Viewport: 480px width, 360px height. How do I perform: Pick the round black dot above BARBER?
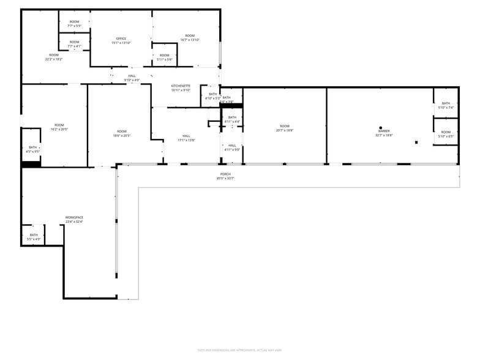pyautogui.click(x=381, y=128)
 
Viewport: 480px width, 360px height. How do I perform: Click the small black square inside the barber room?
pyautogui.click(x=416, y=142)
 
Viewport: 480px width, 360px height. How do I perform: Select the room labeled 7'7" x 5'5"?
pyautogui.click(x=74, y=24)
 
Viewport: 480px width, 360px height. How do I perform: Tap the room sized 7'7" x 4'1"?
pyautogui.click(x=74, y=44)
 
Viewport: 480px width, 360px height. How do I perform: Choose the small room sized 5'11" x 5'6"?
pyautogui.click(x=165, y=58)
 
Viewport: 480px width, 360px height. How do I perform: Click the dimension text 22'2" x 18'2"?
pyautogui.click(x=54, y=59)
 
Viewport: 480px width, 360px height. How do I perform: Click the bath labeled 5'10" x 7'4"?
pyautogui.click(x=446, y=105)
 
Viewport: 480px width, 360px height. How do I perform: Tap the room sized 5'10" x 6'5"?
pyautogui.click(x=446, y=134)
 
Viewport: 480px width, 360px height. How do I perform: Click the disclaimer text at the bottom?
pyautogui.click(x=239, y=350)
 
